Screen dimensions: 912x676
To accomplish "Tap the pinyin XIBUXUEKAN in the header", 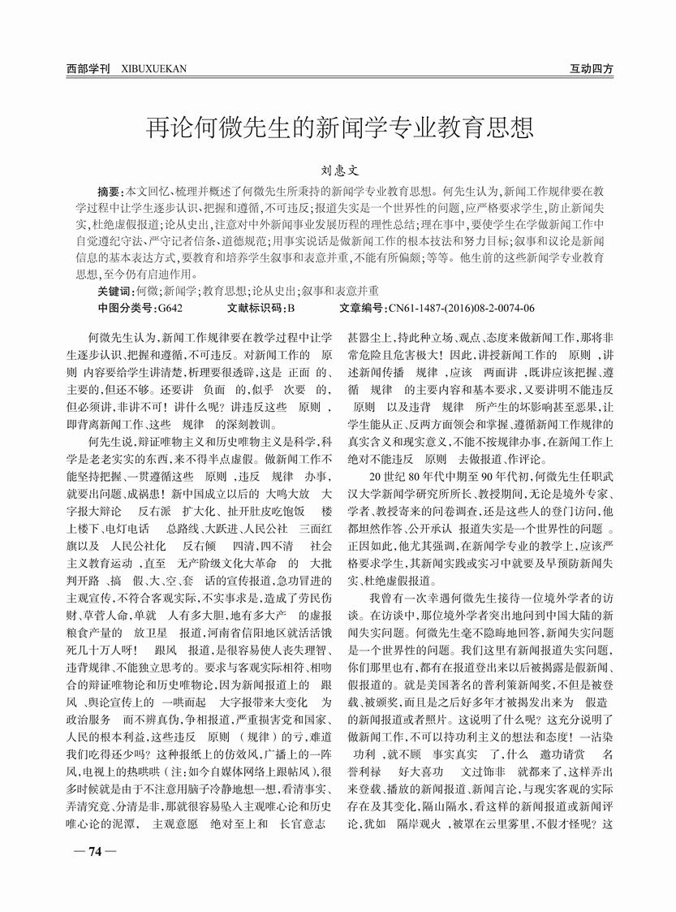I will pos(153,69).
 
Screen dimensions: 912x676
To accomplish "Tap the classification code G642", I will pos(170,308).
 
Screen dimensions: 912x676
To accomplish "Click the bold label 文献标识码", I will pos(256,308).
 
